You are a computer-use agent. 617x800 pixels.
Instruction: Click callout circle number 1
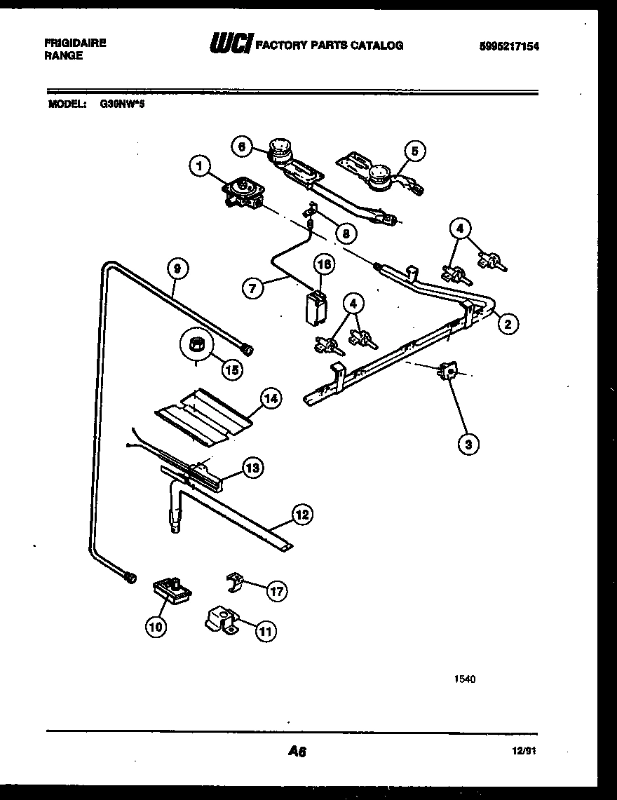200,166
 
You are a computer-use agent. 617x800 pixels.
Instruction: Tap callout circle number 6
242,146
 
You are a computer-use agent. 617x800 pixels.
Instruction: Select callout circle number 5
414,150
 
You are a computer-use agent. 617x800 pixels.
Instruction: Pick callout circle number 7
253,287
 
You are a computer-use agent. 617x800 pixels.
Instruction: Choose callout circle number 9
177,267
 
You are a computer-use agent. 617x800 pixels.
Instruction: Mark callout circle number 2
508,323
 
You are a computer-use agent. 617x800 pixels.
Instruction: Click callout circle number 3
468,442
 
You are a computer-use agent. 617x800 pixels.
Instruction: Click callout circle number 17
276,591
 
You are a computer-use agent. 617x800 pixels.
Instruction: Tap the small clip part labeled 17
235,580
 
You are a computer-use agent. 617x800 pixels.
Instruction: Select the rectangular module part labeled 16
314,306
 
